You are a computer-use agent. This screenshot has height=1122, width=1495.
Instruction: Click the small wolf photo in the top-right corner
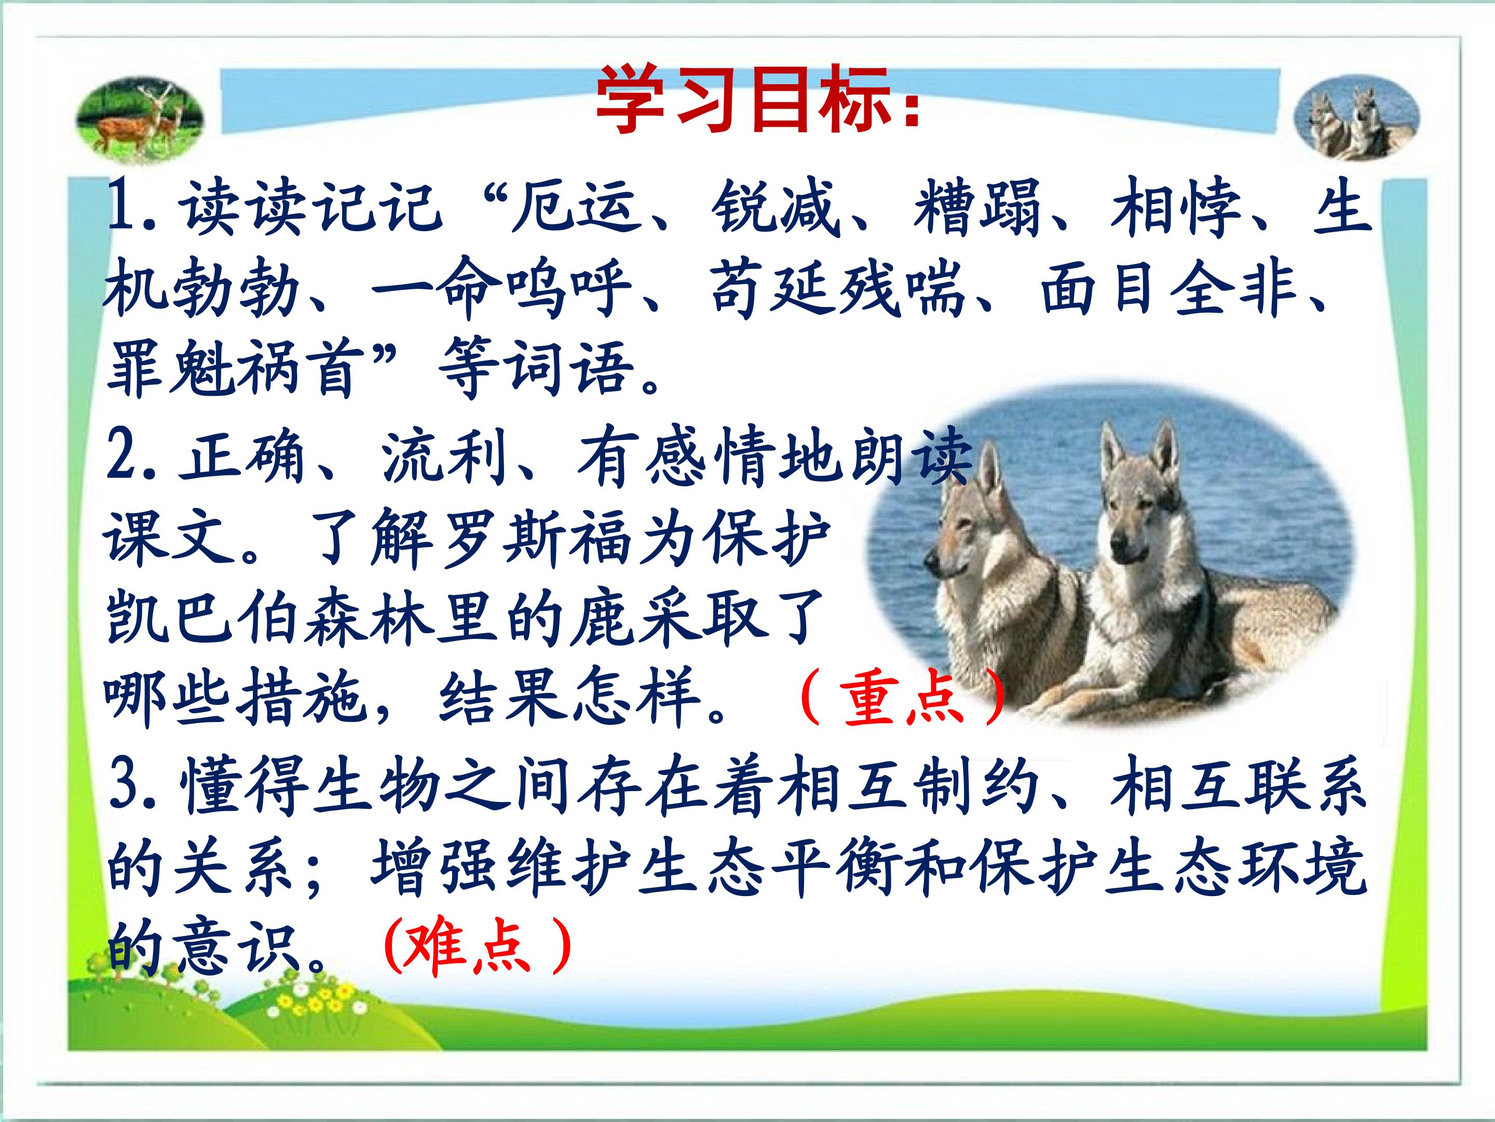(1356, 118)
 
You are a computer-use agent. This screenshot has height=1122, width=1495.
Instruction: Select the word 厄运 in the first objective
(575, 206)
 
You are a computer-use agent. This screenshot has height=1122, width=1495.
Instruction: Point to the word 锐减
(774, 206)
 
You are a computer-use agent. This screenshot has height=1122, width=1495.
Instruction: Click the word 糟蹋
(976, 206)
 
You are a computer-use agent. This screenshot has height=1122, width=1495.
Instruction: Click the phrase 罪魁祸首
(233, 369)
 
